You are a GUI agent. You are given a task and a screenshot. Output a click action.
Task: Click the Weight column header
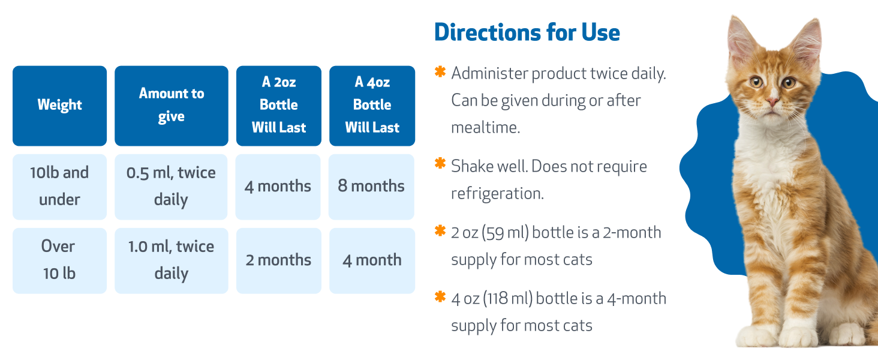coord(59,106)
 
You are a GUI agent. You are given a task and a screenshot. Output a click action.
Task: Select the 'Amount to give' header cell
coord(172,106)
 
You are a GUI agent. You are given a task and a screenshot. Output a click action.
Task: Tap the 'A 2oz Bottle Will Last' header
coord(279,106)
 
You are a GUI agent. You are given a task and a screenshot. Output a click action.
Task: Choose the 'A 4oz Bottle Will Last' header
coord(372,106)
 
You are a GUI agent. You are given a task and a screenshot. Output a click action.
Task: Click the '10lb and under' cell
coord(59,186)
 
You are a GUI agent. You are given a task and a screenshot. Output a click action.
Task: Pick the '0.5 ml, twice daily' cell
coord(172,186)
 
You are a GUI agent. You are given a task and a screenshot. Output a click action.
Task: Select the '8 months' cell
coord(372,186)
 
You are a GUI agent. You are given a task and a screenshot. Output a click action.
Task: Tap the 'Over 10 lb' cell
coord(59,260)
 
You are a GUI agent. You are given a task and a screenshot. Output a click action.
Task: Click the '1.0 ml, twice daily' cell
coord(172,260)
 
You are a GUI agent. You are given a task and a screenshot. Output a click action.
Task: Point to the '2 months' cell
coord(279,260)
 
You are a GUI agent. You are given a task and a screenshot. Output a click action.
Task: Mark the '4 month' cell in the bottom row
coord(372,260)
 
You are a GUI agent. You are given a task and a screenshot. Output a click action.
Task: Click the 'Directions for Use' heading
coord(527,32)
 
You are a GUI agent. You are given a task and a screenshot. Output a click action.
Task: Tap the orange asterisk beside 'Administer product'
coord(440,72)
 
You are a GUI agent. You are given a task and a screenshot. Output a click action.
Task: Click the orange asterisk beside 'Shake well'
coord(440,163)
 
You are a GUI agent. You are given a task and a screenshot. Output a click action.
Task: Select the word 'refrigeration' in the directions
coord(495,193)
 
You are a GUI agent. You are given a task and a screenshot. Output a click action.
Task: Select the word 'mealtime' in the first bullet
coord(483,127)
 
